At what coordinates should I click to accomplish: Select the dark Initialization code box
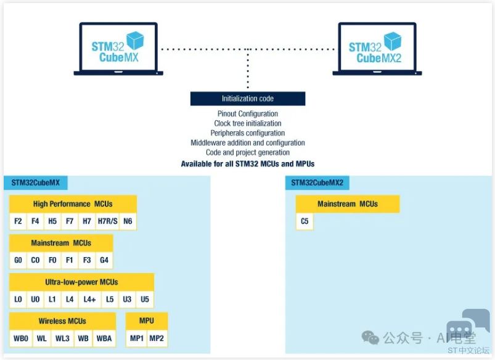247,99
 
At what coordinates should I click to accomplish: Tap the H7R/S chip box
107,221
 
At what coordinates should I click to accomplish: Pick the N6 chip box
128,221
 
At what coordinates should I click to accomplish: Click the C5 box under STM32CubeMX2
305,221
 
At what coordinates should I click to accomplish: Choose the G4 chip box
104,260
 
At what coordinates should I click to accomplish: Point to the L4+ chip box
90,300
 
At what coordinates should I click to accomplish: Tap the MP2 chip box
157,338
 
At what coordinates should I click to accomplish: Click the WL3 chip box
63,338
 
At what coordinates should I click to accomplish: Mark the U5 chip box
145,300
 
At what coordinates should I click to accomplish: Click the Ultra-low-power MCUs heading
81,282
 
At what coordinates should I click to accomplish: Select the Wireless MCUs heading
62,321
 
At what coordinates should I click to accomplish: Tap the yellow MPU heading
147,321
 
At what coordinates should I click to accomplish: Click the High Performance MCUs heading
73,204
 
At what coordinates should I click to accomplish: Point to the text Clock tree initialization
247,123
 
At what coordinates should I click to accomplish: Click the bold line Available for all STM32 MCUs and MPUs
247,164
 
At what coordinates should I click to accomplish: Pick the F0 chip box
52,260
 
